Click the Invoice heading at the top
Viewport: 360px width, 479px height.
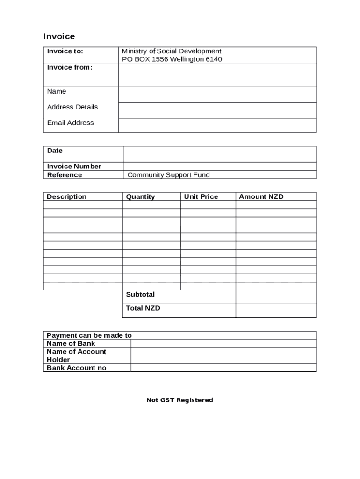pyautogui.click(x=59, y=36)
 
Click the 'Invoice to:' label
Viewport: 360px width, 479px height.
pyautogui.click(x=65, y=51)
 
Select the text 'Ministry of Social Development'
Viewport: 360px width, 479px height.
pyautogui.click(x=172, y=51)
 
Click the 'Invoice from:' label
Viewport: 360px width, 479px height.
pyautogui.click(x=70, y=67)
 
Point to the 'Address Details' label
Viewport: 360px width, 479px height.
pyautogui.click(x=72, y=107)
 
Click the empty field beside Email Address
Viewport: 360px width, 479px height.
pyautogui.click(x=217, y=125)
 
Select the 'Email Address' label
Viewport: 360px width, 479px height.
pyautogui.click(x=70, y=123)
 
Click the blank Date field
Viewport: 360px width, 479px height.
pyautogui.click(x=219, y=154)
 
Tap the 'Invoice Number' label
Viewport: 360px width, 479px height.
pyautogui.click(x=74, y=167)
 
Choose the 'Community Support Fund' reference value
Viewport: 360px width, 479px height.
pyautogui.click(x=168, y=175)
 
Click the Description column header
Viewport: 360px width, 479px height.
pyautogui.click(x=66, y=197)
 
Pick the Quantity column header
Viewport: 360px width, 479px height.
pyautogui.click(x=140, y=197)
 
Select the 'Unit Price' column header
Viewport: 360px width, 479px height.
pyautogui.click(x=201, y=197)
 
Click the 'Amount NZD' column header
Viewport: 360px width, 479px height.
pyautogui.click(x=261, y=197)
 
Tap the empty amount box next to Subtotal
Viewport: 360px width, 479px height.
pyautogui.click(x=275, y=297)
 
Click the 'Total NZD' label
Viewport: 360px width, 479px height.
pyautogui.click(x=143, y=308)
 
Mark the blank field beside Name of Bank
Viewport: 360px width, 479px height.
pyautogui.click(x=223, y=344)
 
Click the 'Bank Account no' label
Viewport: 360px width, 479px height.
pyautogui.click(x=76, y=368)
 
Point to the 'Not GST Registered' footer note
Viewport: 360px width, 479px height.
pyautogui.click(x=180, y=400)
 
